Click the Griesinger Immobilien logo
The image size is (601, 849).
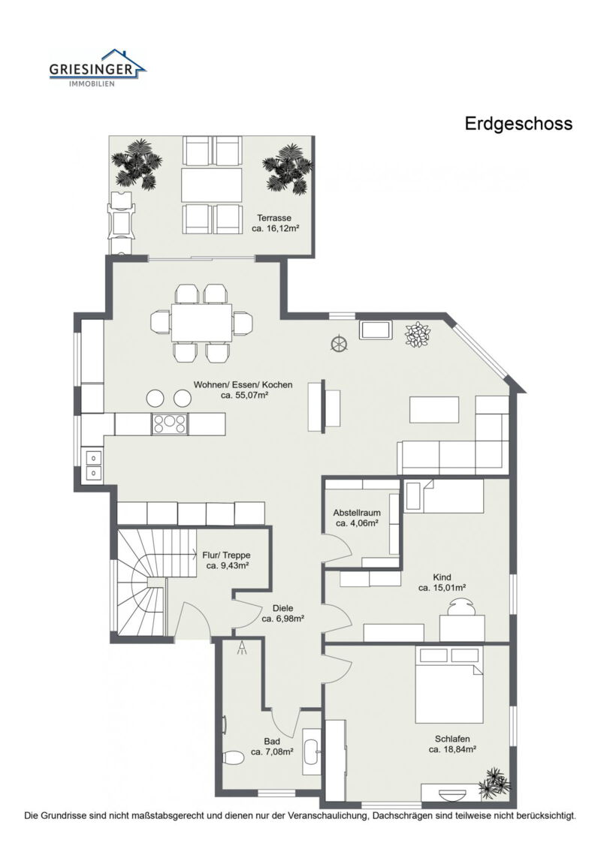pyautogui.click(x=98, y=68)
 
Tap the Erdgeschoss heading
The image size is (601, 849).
pyautogui.click(x=518, y=124)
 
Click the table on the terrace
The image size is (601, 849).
pyautogui.click(x=212, y=185)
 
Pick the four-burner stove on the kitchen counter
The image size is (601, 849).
pyautogui.click(x=169, y=424)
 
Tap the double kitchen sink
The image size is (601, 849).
pyautogui.click(x=94, y=465)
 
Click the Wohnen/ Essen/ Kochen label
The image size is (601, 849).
pyautogui.click(x=243, y=390)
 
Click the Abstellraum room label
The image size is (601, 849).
pyautogui.click(x=357, y=518)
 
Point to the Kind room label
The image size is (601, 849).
pyautogui.click(x=442, y=583)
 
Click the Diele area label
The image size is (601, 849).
pyautogui.click(x=282, y=614)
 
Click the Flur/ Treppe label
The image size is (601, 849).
pyautogui.click(x=227, y=561)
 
